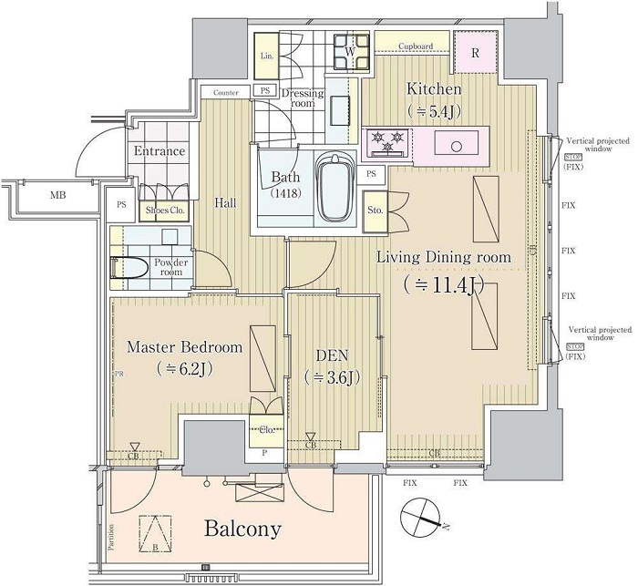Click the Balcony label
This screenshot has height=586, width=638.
(242, 529)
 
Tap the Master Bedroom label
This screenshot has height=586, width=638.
(184, 347)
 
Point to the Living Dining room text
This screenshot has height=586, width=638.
(444, 258)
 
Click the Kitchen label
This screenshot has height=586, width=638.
(434, 89)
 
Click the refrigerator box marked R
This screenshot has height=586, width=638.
(475, 53)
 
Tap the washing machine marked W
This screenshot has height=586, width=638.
(349, 52)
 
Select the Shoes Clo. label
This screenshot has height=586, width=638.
(167, 210)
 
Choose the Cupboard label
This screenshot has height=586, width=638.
(415, 46)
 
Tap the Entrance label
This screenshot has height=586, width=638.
(159, 151)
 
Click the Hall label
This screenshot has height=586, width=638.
(224, 202)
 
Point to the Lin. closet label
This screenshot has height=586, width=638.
(266, 56)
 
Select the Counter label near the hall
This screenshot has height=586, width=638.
(226, 93)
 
